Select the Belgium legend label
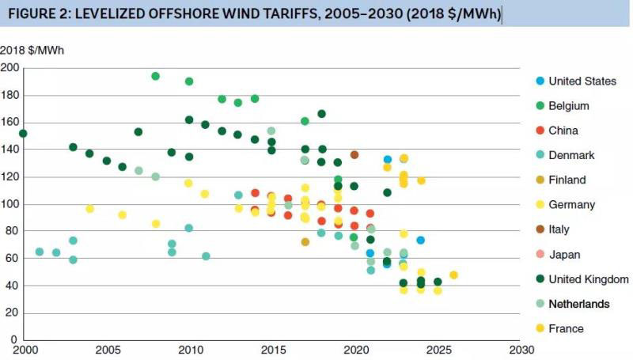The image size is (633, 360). pos(568,106)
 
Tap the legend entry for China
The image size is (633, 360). pos(563,131)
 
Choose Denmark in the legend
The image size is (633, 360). pos(571,156)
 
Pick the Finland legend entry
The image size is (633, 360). pos(567,180)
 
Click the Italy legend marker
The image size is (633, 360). pos(540,229)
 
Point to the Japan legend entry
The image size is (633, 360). pos(564,254)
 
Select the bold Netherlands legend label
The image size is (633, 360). pos(579,304)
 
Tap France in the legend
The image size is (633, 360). pos(565,328)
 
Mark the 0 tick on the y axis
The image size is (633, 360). pos(14,339)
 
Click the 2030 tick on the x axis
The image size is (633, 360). pos(520,350)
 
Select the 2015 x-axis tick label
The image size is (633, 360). pos(272,350)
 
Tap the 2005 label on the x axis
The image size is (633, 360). pos(107,350)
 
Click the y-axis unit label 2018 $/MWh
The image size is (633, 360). pos(32,51)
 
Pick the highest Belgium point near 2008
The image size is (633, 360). pos(156,77)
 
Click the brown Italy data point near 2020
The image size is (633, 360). pos(354,155)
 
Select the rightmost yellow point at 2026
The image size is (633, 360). pos(453,275)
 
